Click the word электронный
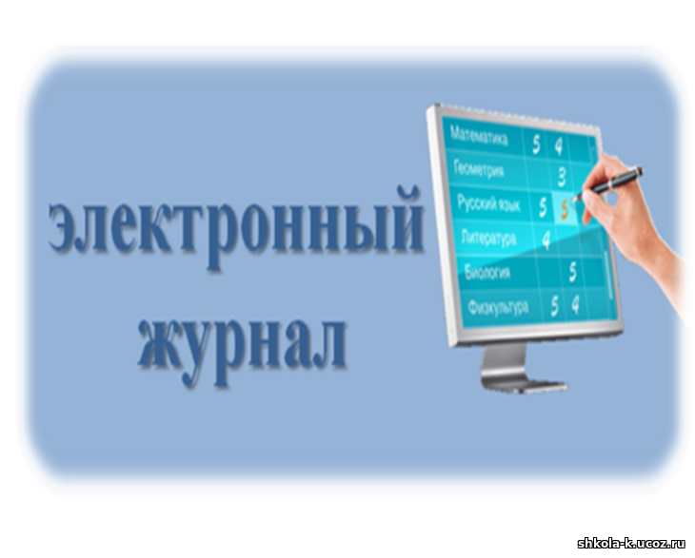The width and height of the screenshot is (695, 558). [x=236, y=228]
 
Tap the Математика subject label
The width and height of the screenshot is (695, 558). [x=479, y=136]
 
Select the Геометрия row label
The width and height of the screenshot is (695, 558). [x=479, y=169]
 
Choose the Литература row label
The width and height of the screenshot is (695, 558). [x=489, y=238]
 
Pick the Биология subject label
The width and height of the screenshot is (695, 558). [x=487, y=271]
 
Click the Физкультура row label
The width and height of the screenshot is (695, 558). [x=498, y=306]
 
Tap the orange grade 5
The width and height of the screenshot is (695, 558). [x=565, y=210]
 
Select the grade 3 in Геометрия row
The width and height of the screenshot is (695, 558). [x=562, y=177]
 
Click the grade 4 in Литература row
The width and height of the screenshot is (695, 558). [x=546, y=241]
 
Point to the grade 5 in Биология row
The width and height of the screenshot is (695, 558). [x=573, y=272]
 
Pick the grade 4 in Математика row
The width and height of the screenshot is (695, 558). [x=559, y=146]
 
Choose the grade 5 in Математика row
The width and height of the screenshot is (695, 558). [x=536, y=144]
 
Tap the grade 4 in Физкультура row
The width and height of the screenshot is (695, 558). [x=575, y=305]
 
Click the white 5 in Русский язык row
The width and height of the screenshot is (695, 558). [x=543, y=207]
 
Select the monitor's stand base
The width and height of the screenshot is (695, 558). [x=525, y=385]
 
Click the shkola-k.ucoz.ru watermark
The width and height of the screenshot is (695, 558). [x=631, y=544]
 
